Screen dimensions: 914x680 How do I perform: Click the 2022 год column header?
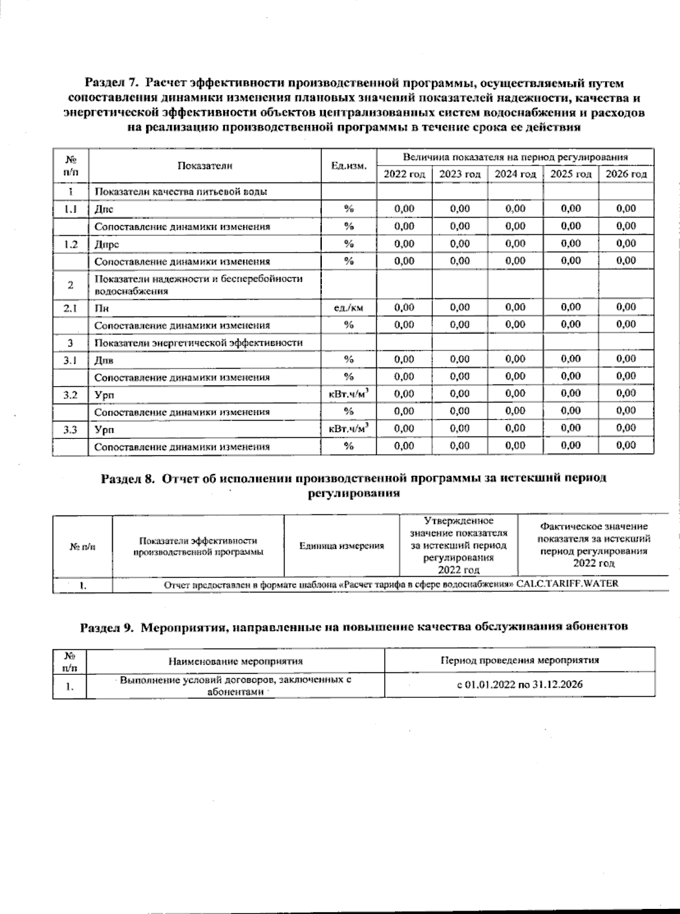coord(404,174)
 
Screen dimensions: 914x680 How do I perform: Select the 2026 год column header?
coord(626,174)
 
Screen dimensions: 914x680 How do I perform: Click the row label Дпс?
coord(104,209)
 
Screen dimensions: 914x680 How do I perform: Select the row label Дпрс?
coord(107,244)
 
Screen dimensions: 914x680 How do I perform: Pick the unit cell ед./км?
coord(349,308)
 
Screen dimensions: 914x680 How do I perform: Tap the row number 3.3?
coord(70,429)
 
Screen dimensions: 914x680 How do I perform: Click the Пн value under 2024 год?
coord(515,307)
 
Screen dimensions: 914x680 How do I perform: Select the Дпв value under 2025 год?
coord(571,359)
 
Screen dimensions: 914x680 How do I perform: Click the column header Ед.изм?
coord(349,166)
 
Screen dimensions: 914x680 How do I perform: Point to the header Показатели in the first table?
coord(205,166)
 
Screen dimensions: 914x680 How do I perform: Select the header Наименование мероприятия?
coord(235,661)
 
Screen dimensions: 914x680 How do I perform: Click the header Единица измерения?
coord(341,546)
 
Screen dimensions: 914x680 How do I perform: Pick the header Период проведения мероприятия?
coord(520,660)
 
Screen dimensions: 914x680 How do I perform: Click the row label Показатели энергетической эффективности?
coord(198,343)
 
